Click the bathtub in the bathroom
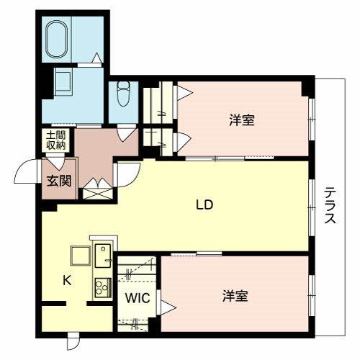[58, 40]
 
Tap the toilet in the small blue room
[123, 94]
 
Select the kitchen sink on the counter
[103, 256]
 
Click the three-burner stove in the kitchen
[103, 287]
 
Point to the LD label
[204, 205]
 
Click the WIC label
[138, 298]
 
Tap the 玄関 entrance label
[59, 181]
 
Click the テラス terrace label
[330, 205]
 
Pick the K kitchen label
[67, 280]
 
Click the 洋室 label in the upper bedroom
[242, 120]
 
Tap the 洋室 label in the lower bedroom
[235, 296]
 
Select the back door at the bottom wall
[73, 341]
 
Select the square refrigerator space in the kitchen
[81, 256]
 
